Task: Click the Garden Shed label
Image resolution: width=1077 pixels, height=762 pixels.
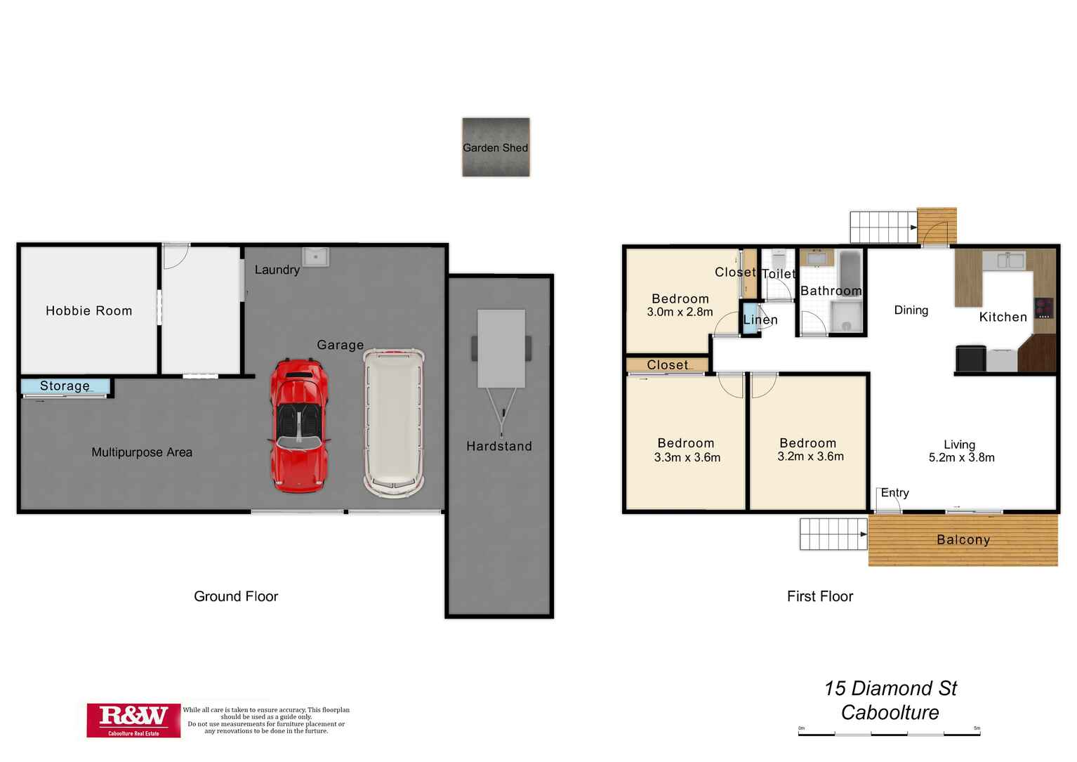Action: (x=495, y=147)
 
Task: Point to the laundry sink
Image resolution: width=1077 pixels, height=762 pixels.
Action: (x=316, y=256)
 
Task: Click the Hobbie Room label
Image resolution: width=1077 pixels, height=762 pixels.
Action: (x=89, y=310)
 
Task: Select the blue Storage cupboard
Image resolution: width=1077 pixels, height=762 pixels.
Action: (x=65, y=386)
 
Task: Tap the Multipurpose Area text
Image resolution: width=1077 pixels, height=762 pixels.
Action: (x=142, y=452)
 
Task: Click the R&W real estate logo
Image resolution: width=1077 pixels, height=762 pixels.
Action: (x=133, y=720)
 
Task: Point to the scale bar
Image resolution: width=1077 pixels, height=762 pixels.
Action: (x=889, y=733)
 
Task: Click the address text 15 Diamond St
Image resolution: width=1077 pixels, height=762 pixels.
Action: (x=890, y=688)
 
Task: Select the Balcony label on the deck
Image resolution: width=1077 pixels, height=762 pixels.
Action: (x=963, y=539)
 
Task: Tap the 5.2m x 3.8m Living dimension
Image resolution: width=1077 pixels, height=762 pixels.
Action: (x=961, y=457)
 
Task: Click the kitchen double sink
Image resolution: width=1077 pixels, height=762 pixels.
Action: (x=1004, y=260)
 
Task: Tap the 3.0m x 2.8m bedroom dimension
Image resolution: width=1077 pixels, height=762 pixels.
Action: (x=680, y=312)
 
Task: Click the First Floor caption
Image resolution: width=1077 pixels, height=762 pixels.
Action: (x=820, y=596)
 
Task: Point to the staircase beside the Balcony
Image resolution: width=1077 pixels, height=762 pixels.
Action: (x=833, y=534)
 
